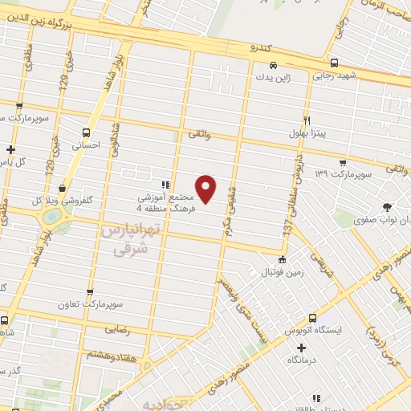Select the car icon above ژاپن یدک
pos(274,65)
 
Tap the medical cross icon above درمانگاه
pos(302,348)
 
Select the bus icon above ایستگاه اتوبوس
pos(311,318)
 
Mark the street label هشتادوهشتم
pos(100,355)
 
